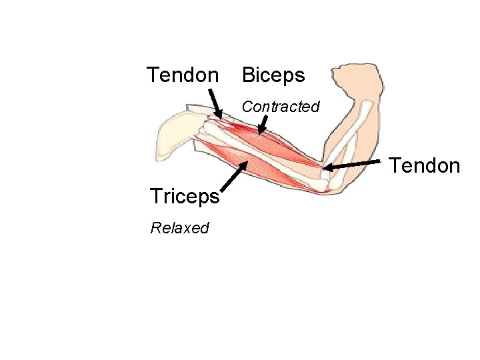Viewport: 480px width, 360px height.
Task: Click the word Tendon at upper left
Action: coord(182,75)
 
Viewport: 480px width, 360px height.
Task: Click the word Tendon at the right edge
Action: coord(425,165)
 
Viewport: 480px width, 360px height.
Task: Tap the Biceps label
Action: coord(273,75)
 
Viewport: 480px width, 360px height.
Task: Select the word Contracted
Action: coord(281,107)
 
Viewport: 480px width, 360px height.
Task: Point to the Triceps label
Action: coord(185,197)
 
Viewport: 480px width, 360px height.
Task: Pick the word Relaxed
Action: coord(179,228)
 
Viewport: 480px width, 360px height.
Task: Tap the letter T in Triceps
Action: coord(156,197)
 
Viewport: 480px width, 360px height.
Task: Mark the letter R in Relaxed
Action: coord(155,228)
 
